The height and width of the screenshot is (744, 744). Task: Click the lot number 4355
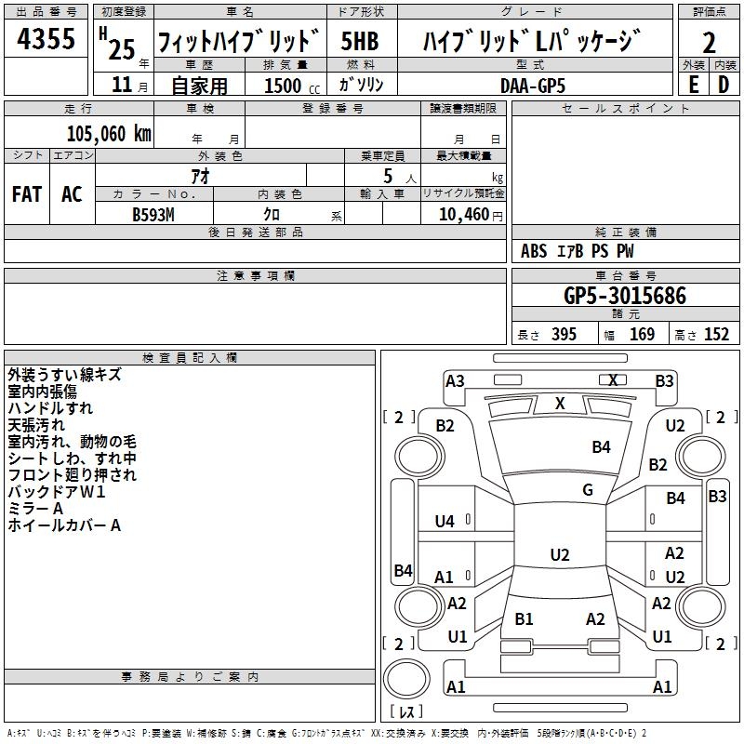pos(47,40)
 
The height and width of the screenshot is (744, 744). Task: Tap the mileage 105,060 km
pos(108,133)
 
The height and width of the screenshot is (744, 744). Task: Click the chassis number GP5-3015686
pos(625,296)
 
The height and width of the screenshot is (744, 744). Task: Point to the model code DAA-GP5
pos(532,85)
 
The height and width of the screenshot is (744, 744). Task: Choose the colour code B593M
pos(153,213)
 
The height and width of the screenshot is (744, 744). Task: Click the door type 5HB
pos(360,42)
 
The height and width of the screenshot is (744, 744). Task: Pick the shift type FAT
pos(27,194)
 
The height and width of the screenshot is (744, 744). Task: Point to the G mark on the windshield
pos(588,490)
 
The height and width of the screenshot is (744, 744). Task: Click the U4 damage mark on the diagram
pos(445,522)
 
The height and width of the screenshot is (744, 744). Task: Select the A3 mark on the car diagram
pos(455,380)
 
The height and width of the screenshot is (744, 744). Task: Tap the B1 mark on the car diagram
pos(524,618)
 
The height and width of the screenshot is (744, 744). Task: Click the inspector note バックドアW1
pos(57,492)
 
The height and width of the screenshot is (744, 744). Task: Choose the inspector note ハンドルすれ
pos(50,408)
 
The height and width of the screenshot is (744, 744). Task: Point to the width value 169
pos(642,335)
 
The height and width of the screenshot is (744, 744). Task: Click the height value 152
pos(716,335)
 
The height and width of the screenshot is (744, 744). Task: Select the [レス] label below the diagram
pos(405,711)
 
